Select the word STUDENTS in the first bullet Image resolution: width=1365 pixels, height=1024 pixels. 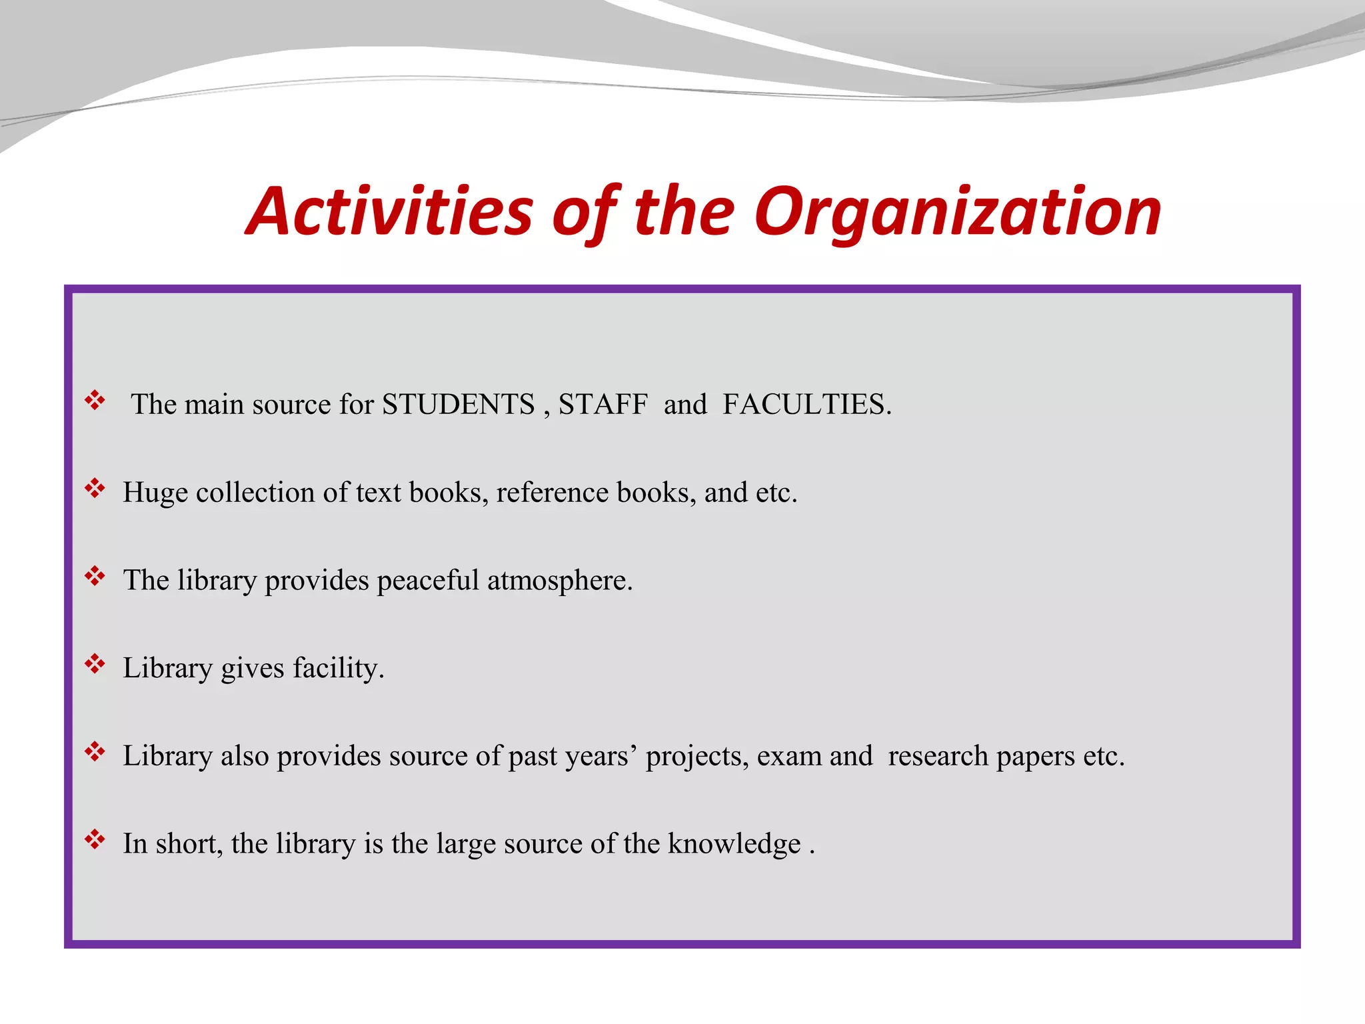click(458, 405)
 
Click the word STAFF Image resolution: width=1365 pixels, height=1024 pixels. click(603, 405)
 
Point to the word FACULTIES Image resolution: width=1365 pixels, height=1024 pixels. click(806, 405)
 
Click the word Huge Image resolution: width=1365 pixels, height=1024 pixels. click(155, 493)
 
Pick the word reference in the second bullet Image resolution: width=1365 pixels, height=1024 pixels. click(553, 493)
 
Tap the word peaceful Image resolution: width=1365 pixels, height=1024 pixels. click(428, 581)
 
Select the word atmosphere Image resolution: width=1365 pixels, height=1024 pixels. click(559, 581)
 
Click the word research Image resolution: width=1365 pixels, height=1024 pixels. click(938, 756)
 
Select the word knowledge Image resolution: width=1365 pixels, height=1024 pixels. click(734, 845)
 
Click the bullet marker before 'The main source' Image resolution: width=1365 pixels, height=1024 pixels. click(95, 401)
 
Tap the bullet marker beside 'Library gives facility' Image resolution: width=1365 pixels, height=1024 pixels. click(95, 664)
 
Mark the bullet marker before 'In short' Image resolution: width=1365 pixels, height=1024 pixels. click(95, 839)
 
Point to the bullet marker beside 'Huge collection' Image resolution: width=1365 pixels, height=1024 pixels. click(95, 489)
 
